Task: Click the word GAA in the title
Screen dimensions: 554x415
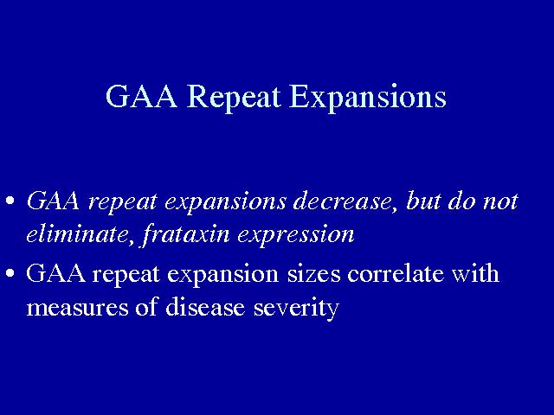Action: pyautogui.click(x=141, y=96)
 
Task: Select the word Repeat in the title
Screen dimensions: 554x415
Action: pyautogui.click(x=234, y=99)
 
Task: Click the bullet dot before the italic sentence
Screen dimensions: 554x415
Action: pyautogui.click(x=10, y=201)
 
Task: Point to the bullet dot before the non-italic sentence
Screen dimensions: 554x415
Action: pyautogui.click(x=10, y=273)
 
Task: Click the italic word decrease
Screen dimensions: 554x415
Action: pyautogui.click(x=343, y=201)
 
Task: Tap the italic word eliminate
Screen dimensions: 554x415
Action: pyautogui.click(x=77, y=233)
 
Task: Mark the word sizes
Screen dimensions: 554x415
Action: pyautogui.click(x=314, y=274)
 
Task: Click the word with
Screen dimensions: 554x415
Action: pyautogui.click(x=475, y=272)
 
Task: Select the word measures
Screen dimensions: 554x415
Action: pyautogui.click(x=77, y=308)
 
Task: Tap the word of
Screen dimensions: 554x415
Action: pyautogui.click(x=146, y=305)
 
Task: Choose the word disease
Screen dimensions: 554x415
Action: pyautogui.click(x=205, y=306)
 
